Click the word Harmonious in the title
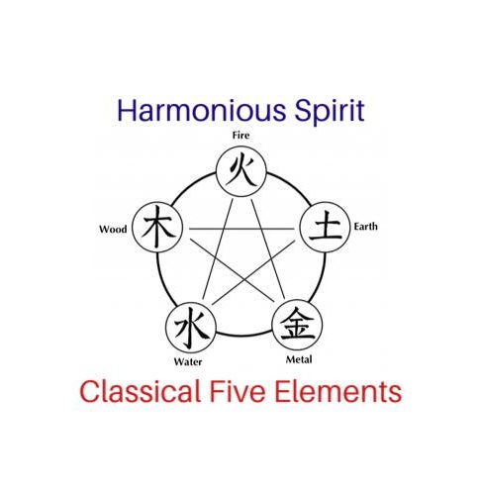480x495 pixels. click(x=201, y=110)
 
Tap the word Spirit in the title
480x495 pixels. click(x=330, y=111)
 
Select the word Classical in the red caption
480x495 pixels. click(x=141, y=391)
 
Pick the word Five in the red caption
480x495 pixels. click(x=238, y=391)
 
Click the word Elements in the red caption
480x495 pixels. click(x=337, y=391)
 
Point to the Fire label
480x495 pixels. click(x=240, y=136)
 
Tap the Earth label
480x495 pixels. click(x=365, y=227)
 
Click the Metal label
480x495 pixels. click(x=299, y=359)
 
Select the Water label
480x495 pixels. click(x=188, y=361)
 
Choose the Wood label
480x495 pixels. click(x=113, y=229)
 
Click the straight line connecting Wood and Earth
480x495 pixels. click(x=241, y=229)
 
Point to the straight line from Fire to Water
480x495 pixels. click(x=218, y=248)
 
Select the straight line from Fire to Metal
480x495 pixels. click(x=268, y=248)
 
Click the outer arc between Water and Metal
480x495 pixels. click(x=244, y=336)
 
